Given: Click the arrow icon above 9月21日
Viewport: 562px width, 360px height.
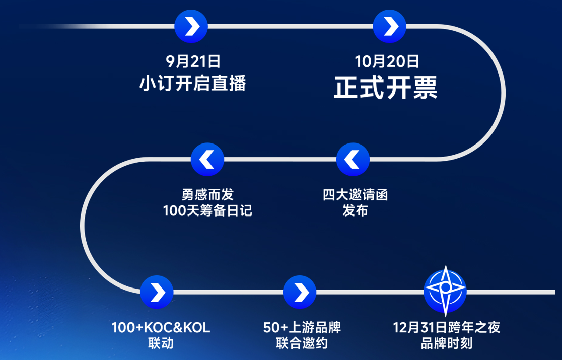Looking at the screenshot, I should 191,26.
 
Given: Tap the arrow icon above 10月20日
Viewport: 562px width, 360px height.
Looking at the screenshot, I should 389,26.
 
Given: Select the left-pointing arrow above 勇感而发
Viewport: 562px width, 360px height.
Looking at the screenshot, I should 207,160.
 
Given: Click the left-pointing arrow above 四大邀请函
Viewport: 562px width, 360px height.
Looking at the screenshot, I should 353,160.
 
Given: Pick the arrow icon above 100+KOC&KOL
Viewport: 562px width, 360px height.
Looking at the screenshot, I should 157,292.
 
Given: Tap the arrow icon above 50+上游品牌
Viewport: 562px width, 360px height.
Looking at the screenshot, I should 300,292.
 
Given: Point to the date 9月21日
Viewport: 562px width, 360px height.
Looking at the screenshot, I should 193,62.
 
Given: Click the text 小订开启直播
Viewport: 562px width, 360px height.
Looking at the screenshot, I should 193,83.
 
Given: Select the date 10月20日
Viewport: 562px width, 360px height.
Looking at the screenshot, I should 387,62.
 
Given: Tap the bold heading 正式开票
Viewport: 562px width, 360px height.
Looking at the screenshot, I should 386,88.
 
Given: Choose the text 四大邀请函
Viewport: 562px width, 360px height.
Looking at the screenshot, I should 355,194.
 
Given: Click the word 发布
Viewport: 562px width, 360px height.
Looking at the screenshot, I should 355,211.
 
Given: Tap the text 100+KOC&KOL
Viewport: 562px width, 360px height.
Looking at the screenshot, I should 161,328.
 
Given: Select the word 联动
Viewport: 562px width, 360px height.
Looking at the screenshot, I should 161,344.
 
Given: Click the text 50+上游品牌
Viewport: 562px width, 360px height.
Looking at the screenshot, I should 302,328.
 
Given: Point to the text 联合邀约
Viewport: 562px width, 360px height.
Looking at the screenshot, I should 302,344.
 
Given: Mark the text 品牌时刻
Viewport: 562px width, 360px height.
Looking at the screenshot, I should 447,344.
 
